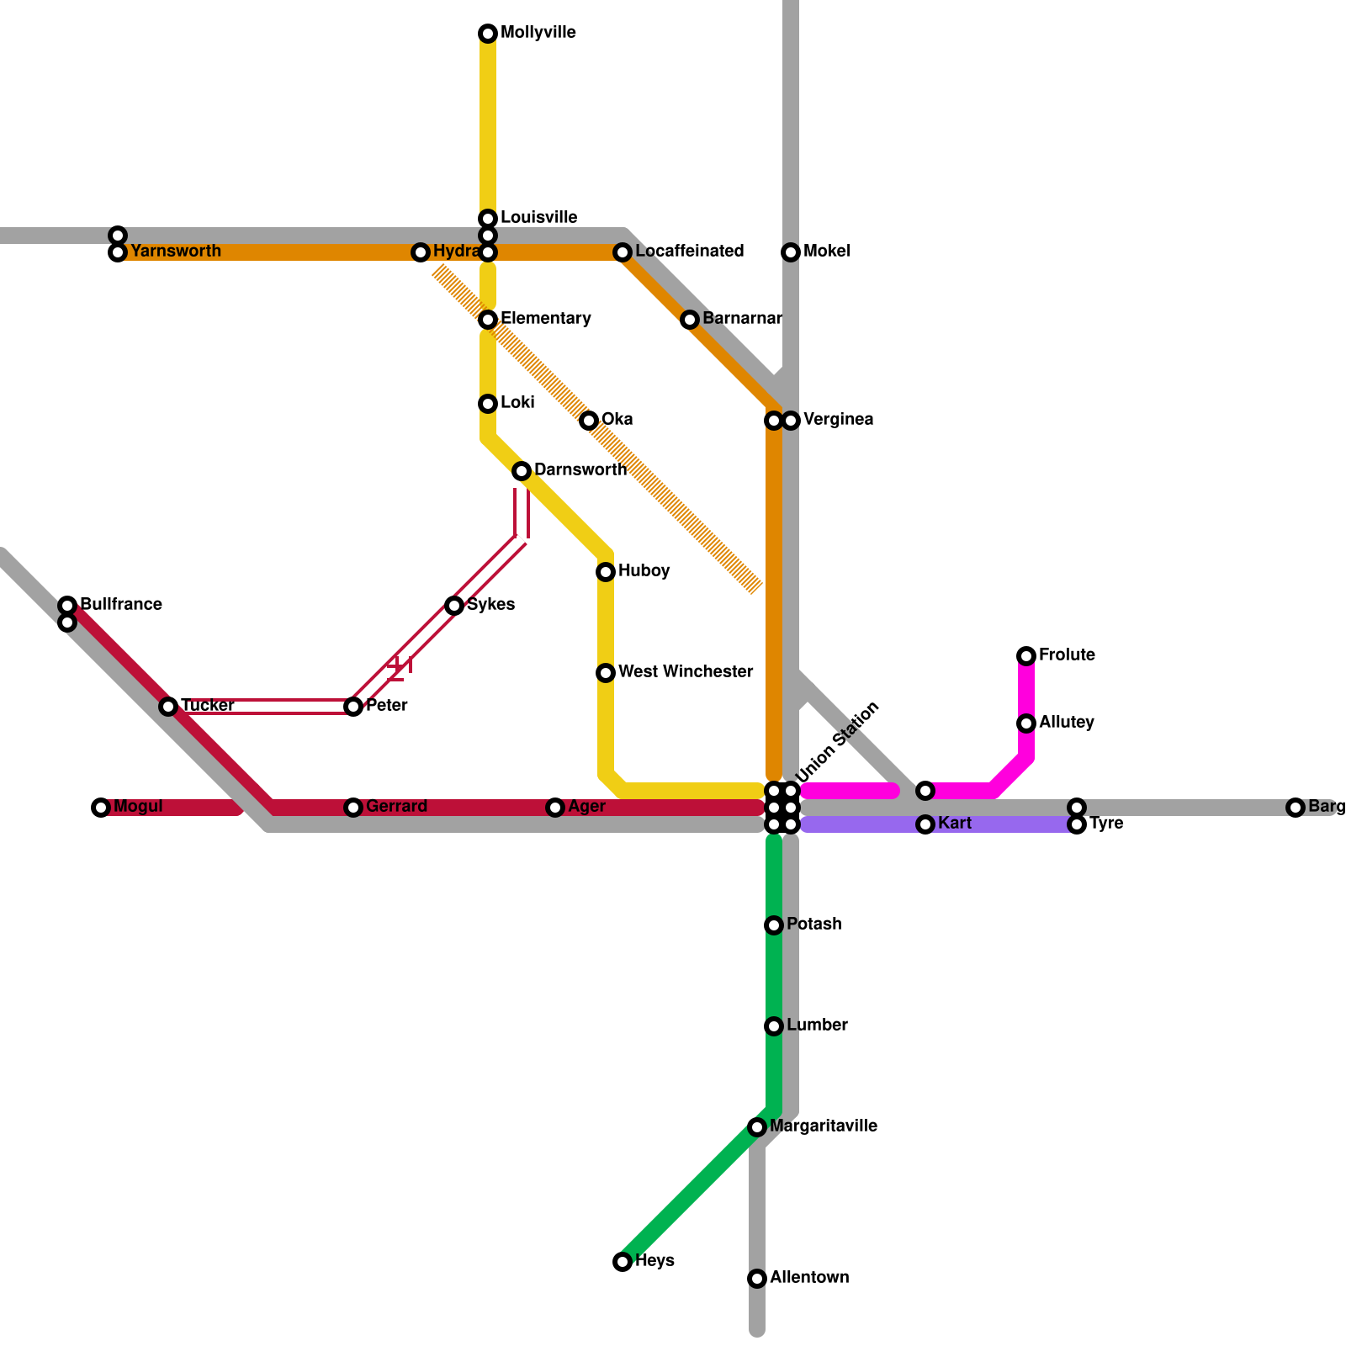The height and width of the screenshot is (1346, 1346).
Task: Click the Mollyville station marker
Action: [488, 34]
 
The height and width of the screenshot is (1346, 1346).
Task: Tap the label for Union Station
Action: [837, 741]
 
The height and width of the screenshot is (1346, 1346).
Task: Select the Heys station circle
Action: [623, 1262]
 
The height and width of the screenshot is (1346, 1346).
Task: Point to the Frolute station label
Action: [1067, 655]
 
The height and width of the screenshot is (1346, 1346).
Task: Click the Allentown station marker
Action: [757, 1279]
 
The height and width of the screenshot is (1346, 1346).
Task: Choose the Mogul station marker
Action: [101, 808]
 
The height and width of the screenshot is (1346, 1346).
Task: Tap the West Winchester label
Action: [685, 672]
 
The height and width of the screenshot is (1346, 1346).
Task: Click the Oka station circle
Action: [589, 421]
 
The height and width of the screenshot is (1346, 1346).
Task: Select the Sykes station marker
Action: [454, 606]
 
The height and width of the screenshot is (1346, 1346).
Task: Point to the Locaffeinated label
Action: [689, 252]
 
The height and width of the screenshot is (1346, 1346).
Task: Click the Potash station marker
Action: [774, 925]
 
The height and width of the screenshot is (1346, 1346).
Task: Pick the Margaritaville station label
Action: [823, 1126]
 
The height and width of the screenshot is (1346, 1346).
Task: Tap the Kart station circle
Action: [925, 824]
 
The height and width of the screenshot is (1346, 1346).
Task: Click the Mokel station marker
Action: [791, 252]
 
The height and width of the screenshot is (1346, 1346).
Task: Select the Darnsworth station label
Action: [580, 470]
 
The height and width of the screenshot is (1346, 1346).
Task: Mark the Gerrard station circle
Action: [353, 808]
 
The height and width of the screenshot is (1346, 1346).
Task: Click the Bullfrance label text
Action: [121, 605]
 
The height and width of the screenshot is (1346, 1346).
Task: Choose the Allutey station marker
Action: [1026, 723]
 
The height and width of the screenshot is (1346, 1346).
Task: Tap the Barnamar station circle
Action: [690, 320]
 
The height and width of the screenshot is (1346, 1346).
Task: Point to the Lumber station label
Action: [817, 1025]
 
